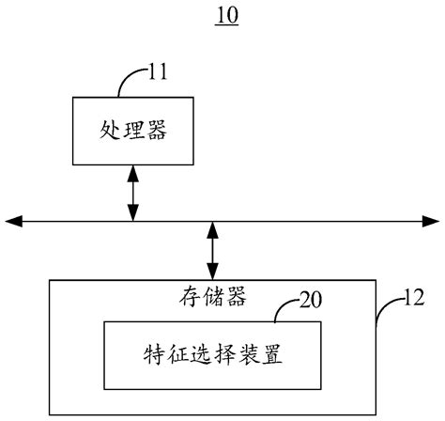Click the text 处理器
(x=132, y=131)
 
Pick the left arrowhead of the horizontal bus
(x=12, y=221)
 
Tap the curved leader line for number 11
(x=128, y=83)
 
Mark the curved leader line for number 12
(x=383, y=312)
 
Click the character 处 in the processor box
(x=110, y=131)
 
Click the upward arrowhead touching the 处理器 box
(x=132, y=171)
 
